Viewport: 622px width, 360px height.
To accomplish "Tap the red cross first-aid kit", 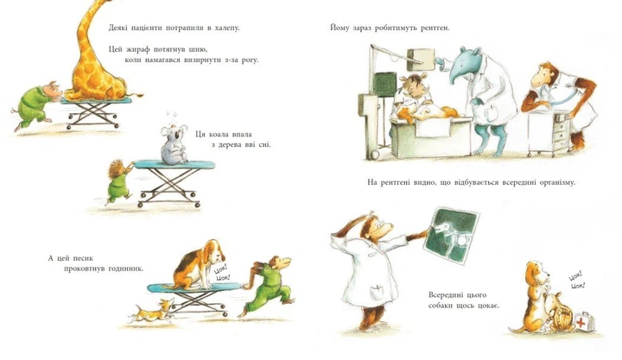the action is coord(585,320).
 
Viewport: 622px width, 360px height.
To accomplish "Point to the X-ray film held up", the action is coord(452,235).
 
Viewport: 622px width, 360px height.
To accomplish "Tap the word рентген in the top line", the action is coord(435,28).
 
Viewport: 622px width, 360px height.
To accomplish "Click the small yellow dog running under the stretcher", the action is coord(151,311).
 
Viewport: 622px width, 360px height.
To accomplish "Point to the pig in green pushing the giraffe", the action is coord(35,104).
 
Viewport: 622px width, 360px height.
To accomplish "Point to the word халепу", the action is coord(227,28).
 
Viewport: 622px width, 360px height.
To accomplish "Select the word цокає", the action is coord(488,306).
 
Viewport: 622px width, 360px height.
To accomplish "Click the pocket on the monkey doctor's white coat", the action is coord(378,294).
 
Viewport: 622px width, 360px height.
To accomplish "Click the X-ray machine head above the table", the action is coord(421,59).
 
